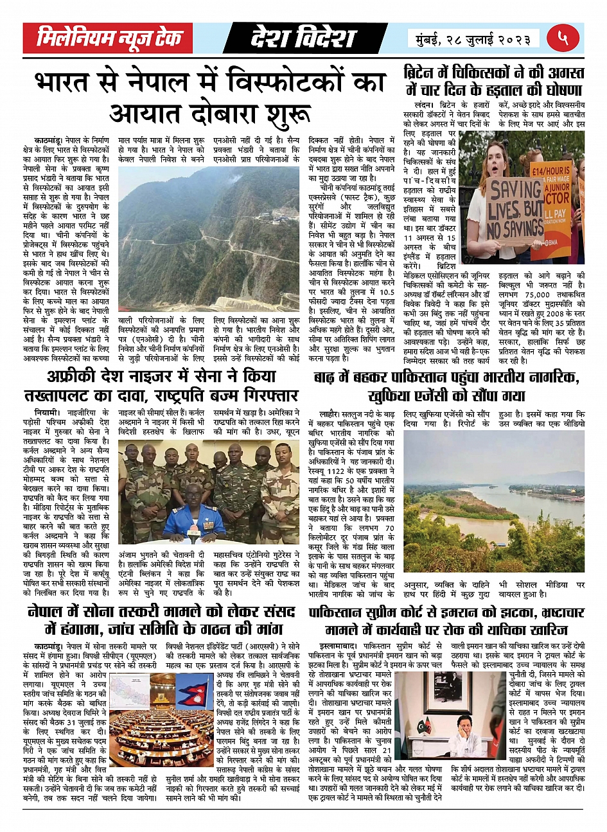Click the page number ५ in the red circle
[563, 38]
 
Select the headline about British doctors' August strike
[493, 80]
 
